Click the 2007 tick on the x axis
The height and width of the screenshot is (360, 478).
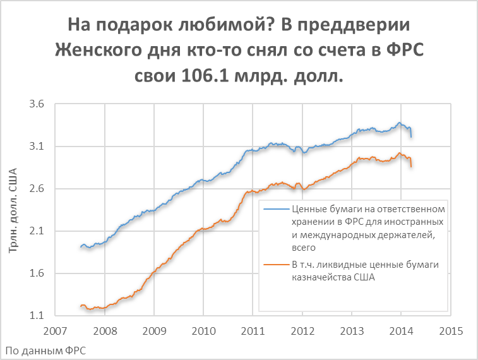tap(56, 330)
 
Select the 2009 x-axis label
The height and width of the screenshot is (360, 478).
tap(154, 330)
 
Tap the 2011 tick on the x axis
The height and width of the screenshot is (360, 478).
tap(253, 330)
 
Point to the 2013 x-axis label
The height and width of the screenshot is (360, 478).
tap(352, 330)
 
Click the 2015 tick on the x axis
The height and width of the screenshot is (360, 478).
tap(450, 330)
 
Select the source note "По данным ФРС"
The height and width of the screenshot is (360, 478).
tap(45, 350)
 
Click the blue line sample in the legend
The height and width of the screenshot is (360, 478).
tap(278, 209)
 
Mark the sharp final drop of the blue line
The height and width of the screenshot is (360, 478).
tap(410, 132)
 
